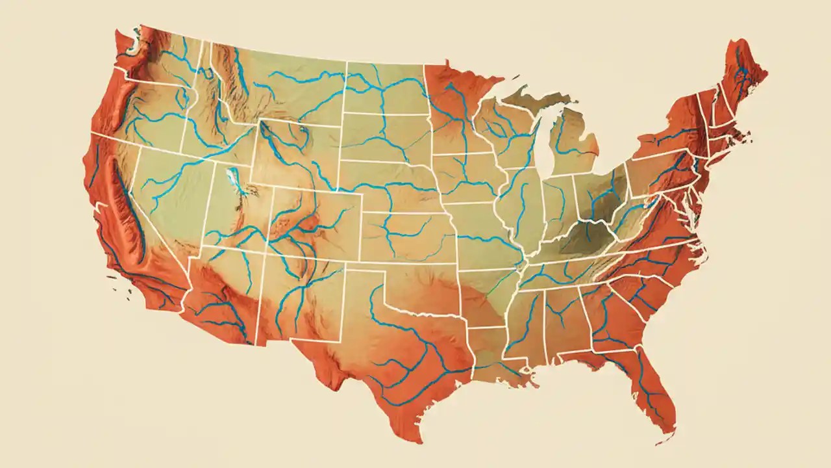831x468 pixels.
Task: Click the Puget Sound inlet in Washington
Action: [138, 49]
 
